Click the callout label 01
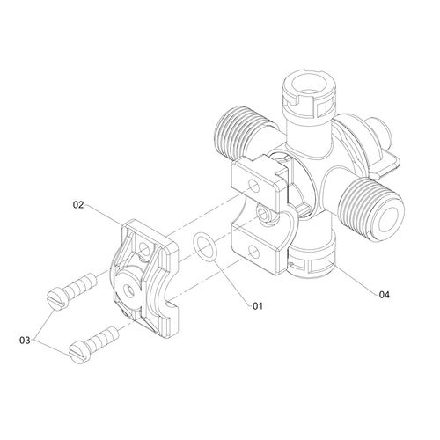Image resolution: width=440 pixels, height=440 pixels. point(258,306)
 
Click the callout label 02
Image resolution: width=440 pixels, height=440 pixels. point(78,205)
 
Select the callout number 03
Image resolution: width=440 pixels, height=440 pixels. point(25,341)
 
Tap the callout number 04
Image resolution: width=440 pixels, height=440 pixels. point(384,294)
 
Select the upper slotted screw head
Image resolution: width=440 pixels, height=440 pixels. point(57,298)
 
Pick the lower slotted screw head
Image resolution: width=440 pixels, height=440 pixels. point(79,351)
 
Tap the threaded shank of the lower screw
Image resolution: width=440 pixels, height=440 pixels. point(103,338)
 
